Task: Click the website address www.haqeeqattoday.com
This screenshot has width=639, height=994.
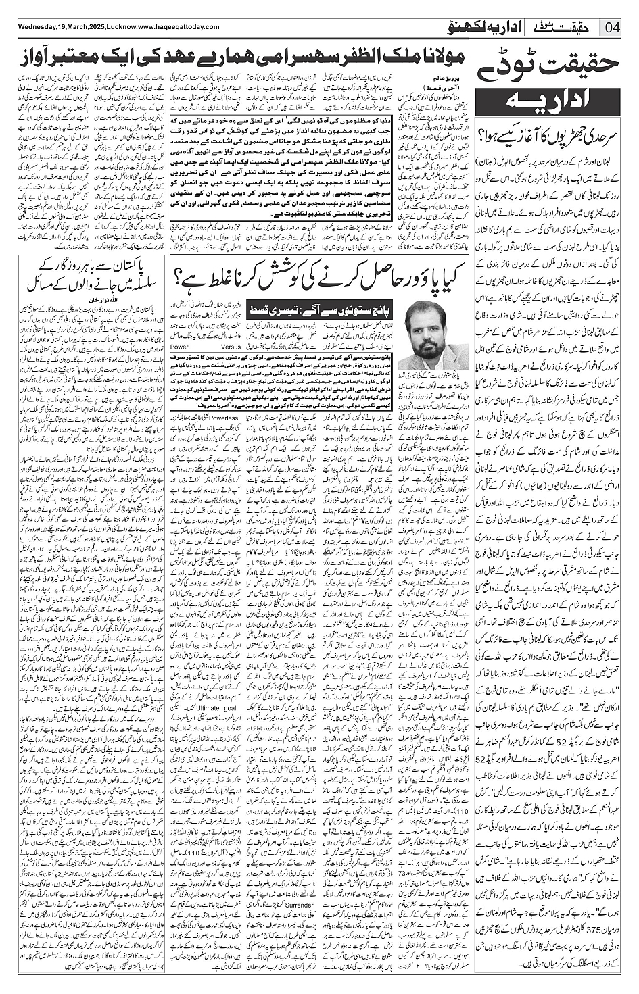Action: [x=176, y=27]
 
